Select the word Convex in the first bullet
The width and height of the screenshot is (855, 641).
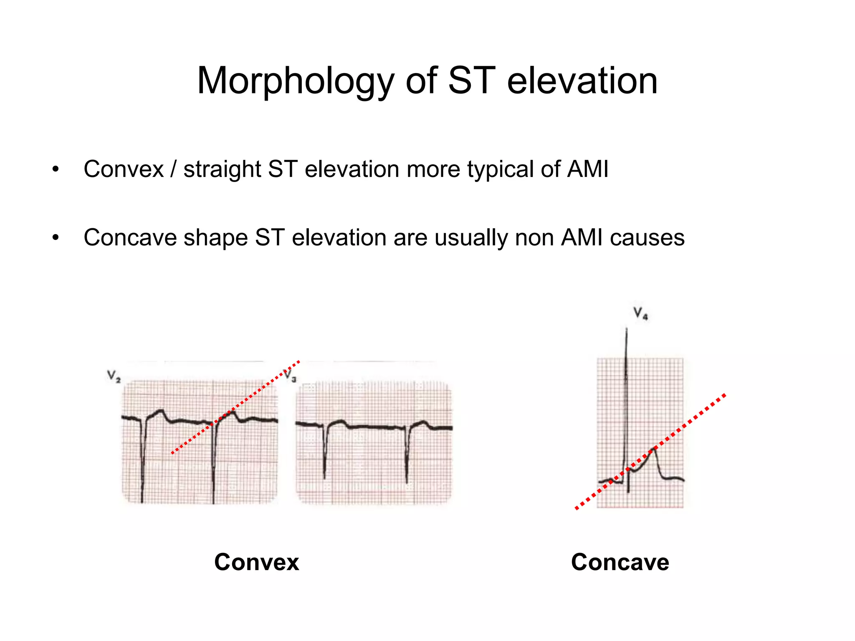coord(124,169)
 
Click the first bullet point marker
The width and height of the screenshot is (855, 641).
coord(56,170)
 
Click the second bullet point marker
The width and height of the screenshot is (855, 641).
coord(56,238)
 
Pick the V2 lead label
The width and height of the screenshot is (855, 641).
coord(114,376)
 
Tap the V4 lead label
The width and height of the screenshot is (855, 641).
coord(640,313)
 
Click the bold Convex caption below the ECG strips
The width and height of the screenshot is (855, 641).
coord(256,562)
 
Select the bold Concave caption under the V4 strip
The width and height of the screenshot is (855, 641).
coord(620,562)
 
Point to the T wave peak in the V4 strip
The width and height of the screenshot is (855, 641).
coord(653,450)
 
